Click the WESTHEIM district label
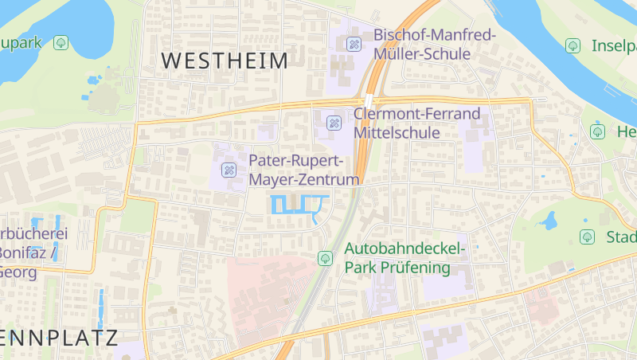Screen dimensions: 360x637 225,60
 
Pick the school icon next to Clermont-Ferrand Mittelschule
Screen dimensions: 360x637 334,123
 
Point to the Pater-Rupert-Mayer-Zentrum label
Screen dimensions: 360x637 304,170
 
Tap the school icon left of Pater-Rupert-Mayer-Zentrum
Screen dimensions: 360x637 229,169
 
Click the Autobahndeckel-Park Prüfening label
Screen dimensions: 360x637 404,258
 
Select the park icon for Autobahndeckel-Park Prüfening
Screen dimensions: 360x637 325,258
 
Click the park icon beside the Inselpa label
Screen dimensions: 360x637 572,45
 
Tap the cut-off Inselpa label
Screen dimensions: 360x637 613,45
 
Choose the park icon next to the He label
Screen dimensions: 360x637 597,131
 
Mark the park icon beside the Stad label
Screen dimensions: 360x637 587,237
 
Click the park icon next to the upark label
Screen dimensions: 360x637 61,42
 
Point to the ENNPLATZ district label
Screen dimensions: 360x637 59,337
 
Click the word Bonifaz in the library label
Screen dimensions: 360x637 27,252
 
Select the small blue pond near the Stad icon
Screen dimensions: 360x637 549,221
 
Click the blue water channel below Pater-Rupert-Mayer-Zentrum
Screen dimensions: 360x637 299,204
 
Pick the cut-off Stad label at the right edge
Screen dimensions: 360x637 621,237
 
